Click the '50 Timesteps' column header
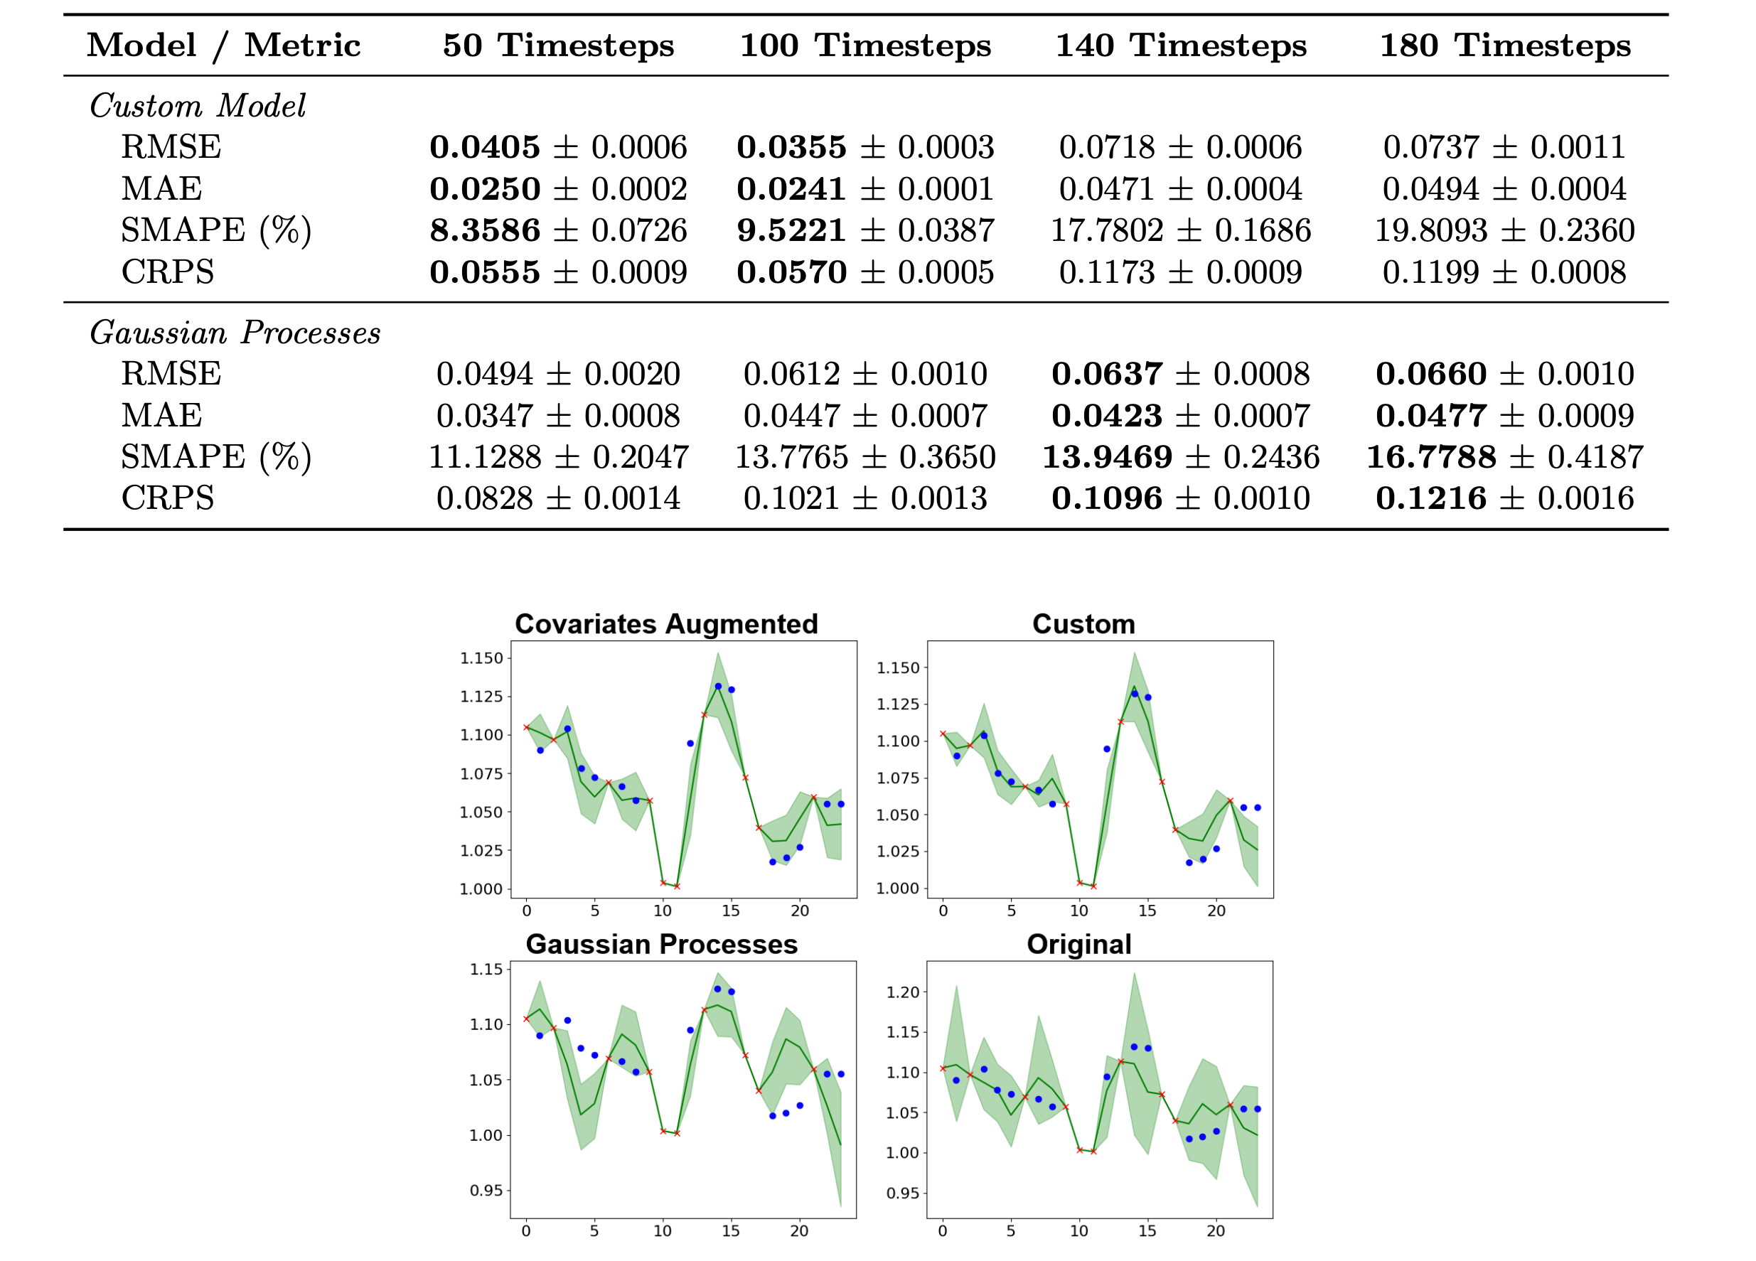pyautogui.click(x=558, y=45)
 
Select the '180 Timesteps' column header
pyautogui.click(x=1505, y=45)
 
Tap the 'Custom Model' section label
pyautogui.click(x=198, y=105)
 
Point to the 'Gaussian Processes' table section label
pyautogui.click(x=235, y=333)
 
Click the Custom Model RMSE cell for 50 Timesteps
pyautogui.click(x=558, y=147)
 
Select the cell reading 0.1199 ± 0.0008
pyautogui.click(x=1504, y=272)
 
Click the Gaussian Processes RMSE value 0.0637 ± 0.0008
pyautogui.click(x=1181, y=374)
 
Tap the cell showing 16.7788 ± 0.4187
pyautogui.click(x=1504, y=457)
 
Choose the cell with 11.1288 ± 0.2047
pyautogui.click(x=558, y=457)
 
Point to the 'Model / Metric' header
pyautogui.click(x=224, y=45)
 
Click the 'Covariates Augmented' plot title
pyautogui.click(x=667, y=624)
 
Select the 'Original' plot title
pyautogui.click(x=1079, y=945)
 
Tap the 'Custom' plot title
pyautogui.click(x=1084, y=624)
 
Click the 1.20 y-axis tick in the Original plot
pyautogui.click(x=903, y=992)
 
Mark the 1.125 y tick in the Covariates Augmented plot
pyautogui.click(x=481, y=697)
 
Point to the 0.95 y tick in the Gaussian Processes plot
pyautogui.click(x=486, y=1190)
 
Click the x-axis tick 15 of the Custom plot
pyautogui.click(x=1147, y=911)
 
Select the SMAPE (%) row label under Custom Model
pyautogui.click(x=216, y=231)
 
